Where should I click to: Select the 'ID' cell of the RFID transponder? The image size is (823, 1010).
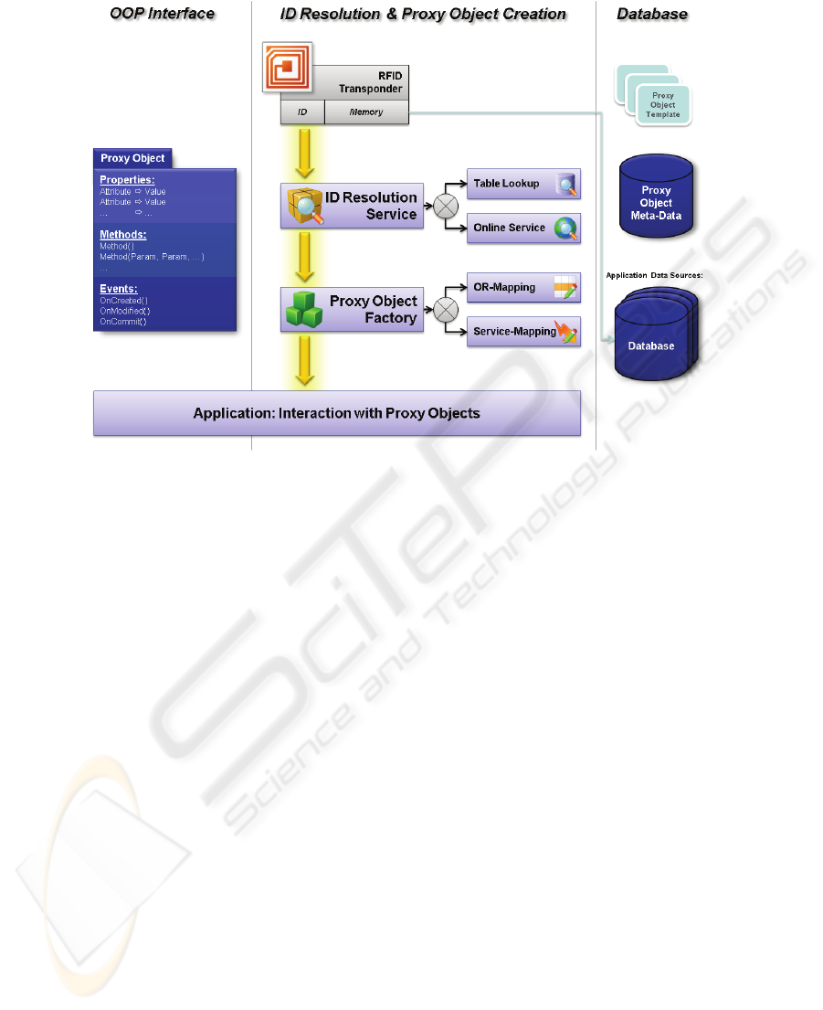coord(302,112)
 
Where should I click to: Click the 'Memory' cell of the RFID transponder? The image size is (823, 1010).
coord(366,112)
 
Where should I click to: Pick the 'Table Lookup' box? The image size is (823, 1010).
coord(523,185)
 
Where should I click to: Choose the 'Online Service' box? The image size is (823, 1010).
coord(523,229)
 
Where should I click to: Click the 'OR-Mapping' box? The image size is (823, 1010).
coord(523,288)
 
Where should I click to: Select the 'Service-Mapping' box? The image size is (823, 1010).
coord(523,332)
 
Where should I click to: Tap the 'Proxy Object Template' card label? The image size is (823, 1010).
coord(663,104)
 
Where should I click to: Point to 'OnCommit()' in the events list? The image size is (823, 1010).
coord(123,322)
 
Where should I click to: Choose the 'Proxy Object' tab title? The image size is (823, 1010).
coord(132,158)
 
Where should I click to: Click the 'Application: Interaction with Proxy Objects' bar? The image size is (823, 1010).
coord(336,414)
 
